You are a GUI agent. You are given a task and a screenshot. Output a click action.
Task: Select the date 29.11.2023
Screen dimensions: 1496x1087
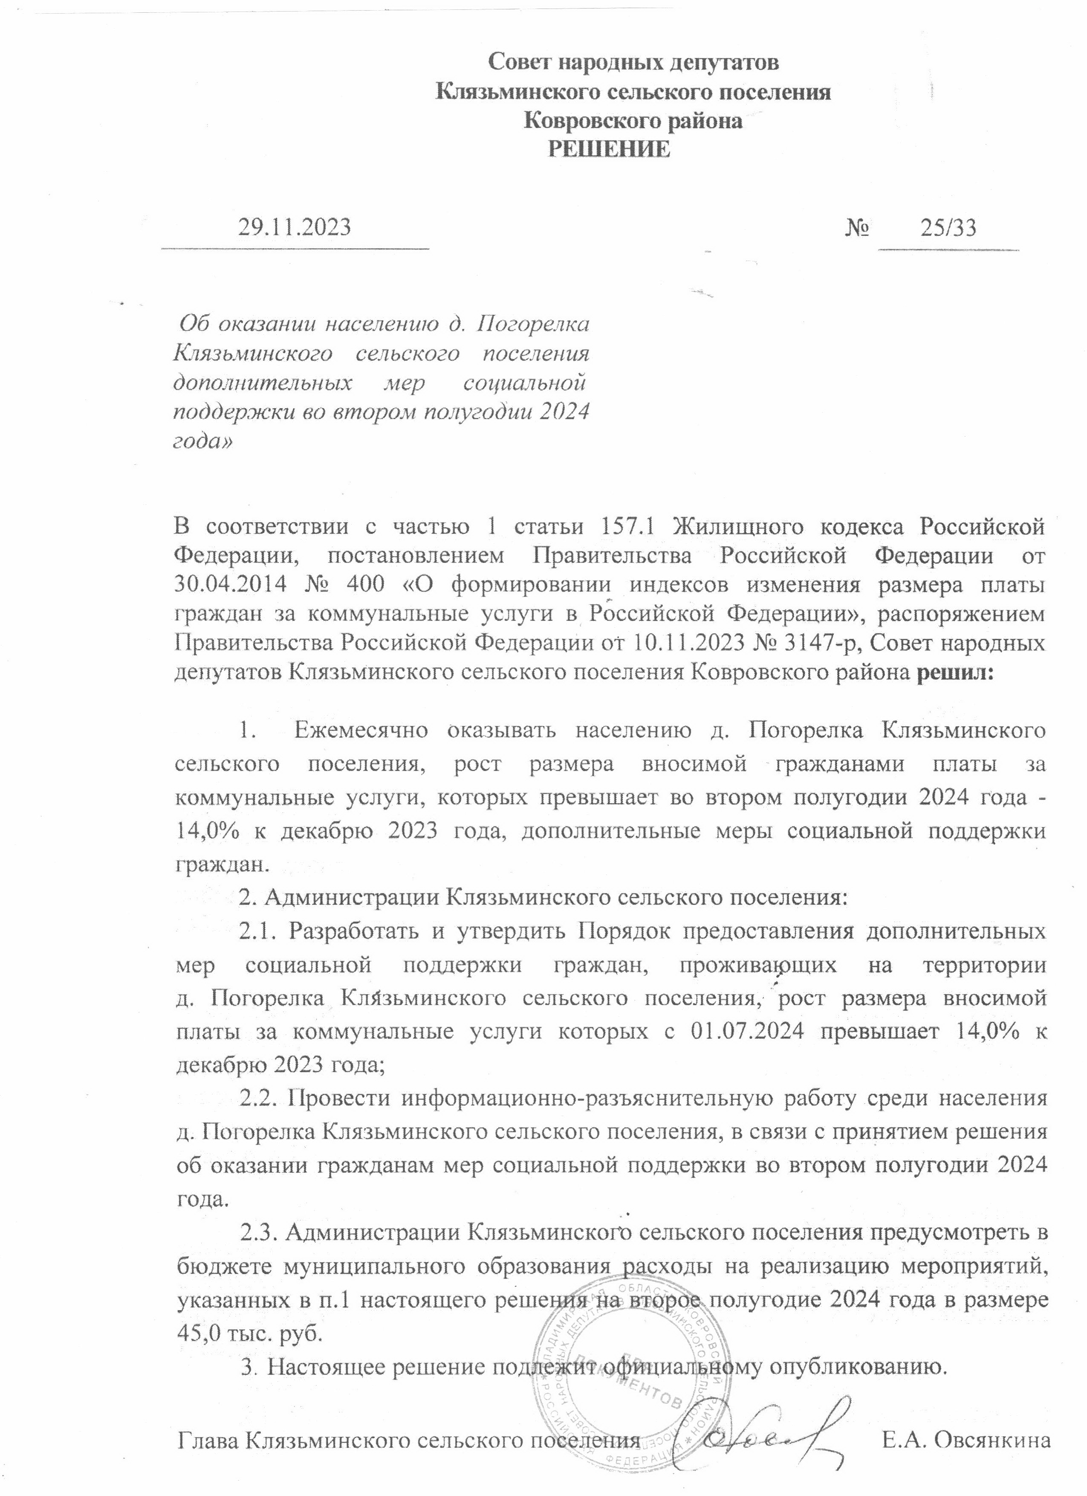[x=294, y=228]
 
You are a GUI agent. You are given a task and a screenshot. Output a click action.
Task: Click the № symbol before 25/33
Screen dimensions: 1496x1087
[x=857, y=228]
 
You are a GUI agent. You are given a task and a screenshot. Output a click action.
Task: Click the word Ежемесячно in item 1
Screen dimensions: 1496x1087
[x=361, y=731]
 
